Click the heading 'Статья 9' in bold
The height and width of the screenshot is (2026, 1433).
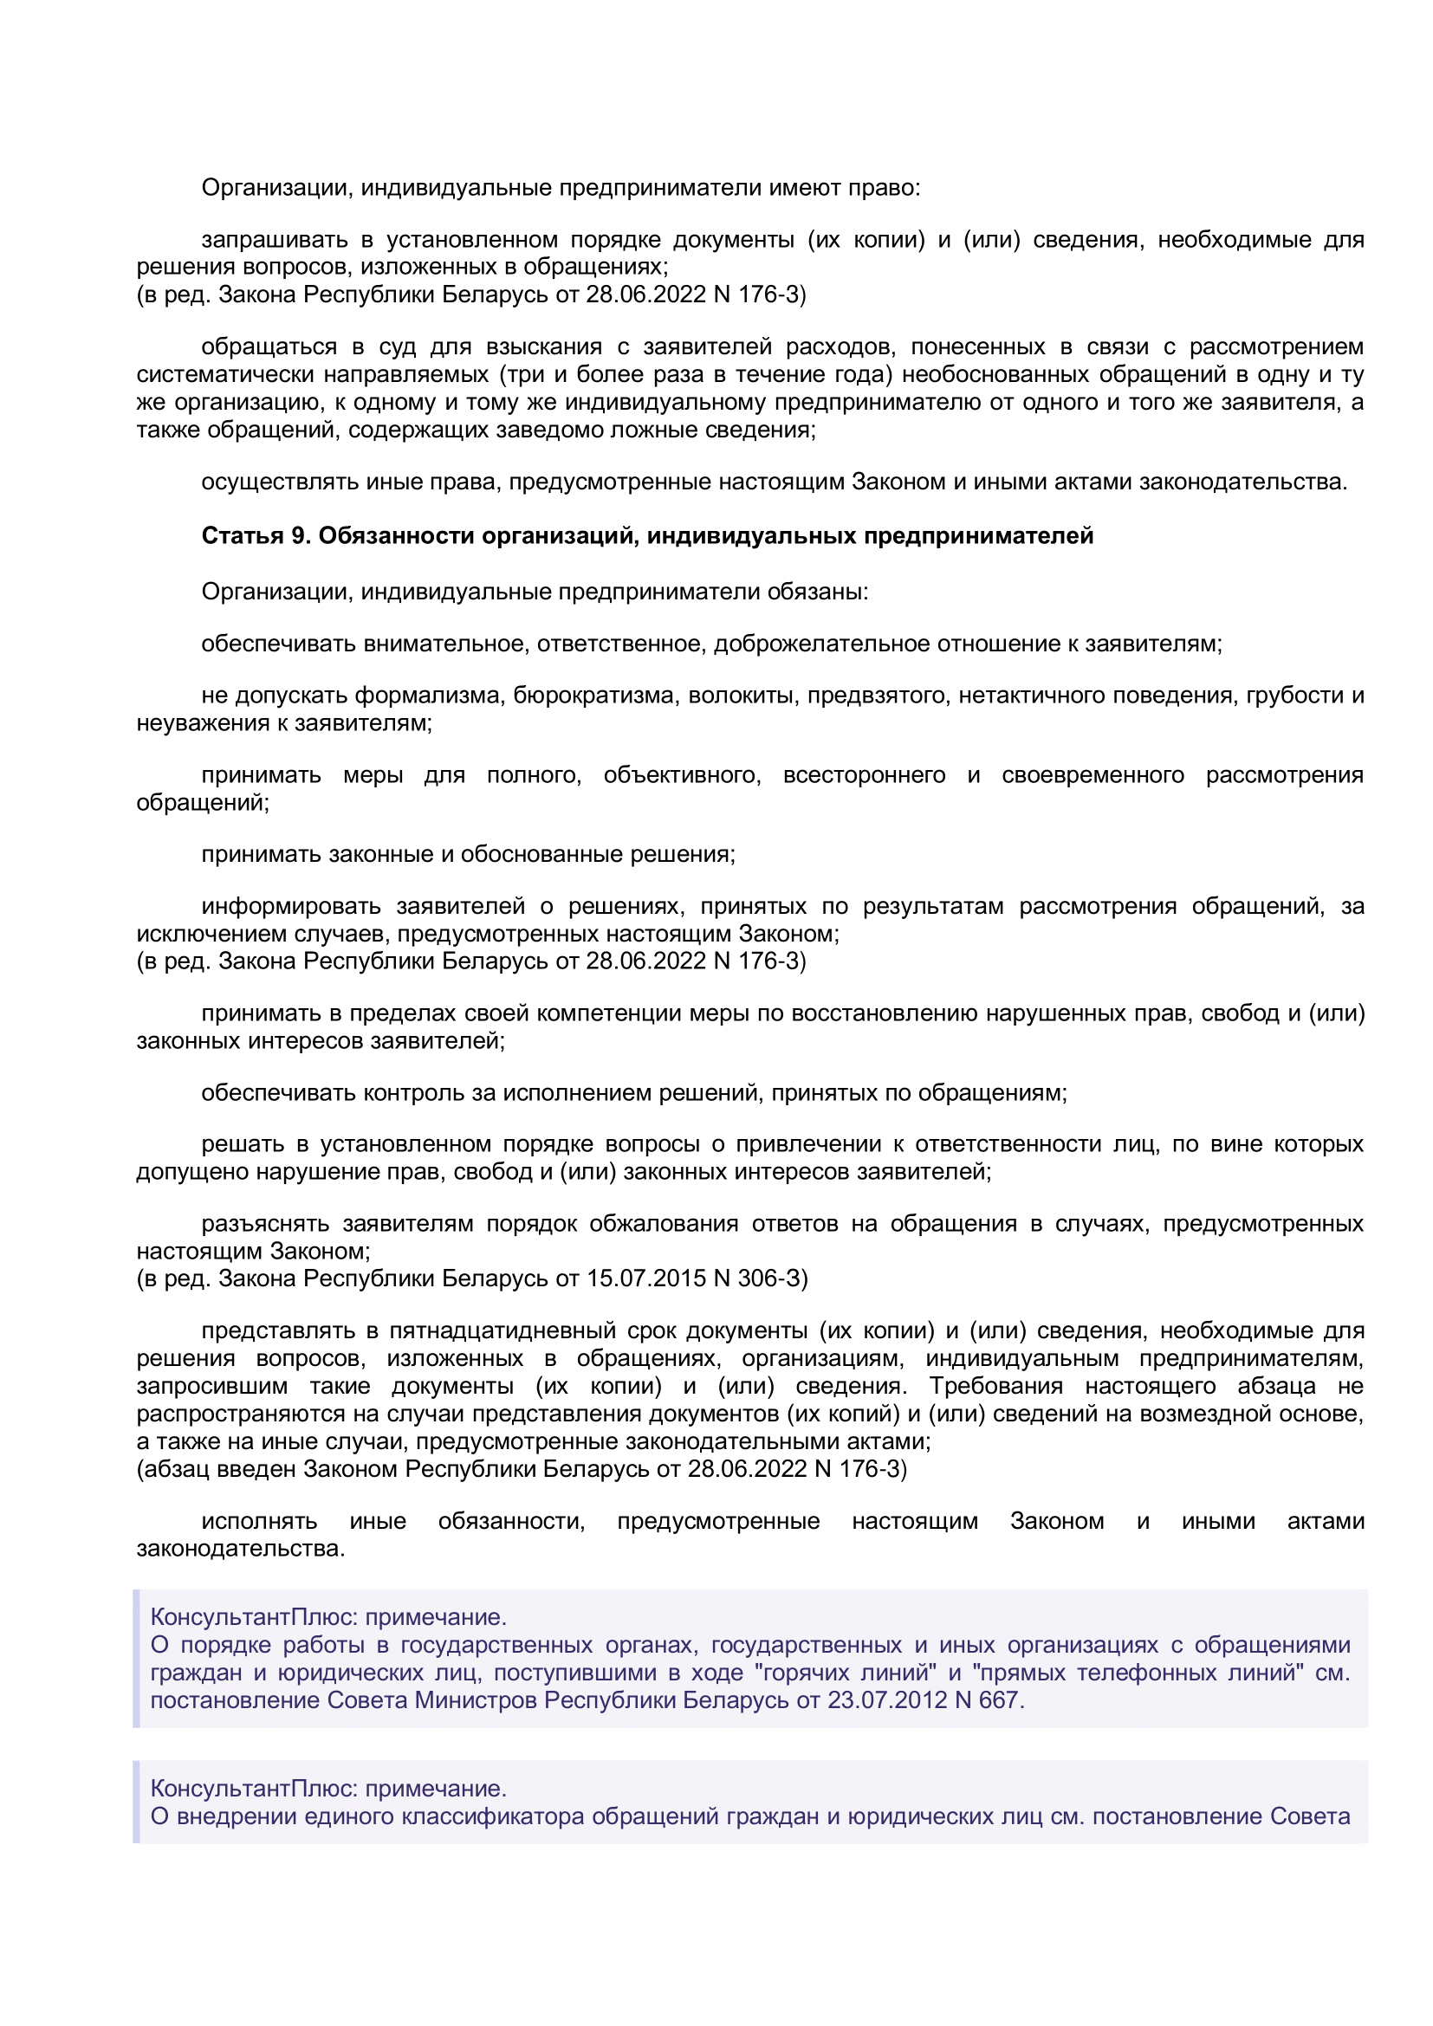[x=256, y=535]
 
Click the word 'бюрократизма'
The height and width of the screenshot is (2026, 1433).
[x=593, y=696]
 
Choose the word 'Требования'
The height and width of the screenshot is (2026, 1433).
[x=996, y=1386]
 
